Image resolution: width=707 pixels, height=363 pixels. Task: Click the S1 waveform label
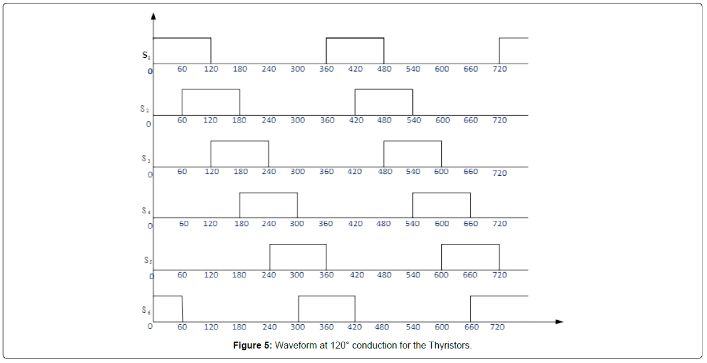click(146, 55)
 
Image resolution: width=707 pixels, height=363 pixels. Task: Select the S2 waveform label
click(145, 109)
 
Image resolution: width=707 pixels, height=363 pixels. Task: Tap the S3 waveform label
click(146, 158)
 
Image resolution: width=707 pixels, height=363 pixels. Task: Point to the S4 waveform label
click(146, 210)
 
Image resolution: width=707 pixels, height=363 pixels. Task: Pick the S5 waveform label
click(148, 260)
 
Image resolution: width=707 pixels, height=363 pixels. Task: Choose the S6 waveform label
click(146, 310)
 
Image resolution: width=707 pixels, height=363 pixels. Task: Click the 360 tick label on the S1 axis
click(327, 69)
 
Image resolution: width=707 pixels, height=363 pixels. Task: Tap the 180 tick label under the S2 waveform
click(239, 120)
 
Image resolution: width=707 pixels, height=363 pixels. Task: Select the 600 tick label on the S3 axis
click(441, 172)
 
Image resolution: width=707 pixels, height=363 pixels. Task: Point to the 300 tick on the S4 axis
click(297, 224)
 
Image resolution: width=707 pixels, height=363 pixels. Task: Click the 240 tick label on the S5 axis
click(269, 275)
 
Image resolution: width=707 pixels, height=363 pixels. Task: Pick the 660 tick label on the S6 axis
click(472, 327)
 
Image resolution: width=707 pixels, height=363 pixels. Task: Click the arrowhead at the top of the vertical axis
click(153, 16)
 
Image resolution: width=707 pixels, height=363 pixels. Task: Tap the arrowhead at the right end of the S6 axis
click(559, 321)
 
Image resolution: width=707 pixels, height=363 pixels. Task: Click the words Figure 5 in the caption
click(252, 345)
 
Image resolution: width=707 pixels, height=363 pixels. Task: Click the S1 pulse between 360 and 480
click(355, 38)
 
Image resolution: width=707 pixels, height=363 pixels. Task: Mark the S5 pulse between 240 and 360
click(298, 245)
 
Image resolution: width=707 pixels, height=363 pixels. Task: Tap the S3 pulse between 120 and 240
click(240, 141)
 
